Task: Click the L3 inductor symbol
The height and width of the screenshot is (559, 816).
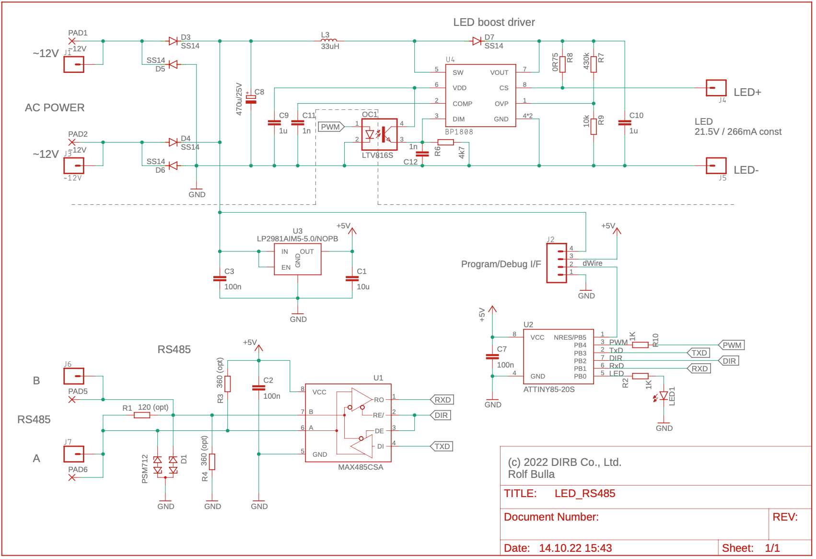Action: (329, 40)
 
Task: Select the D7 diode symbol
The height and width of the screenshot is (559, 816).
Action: (477, 41)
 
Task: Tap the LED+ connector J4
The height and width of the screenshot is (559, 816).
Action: (716, 88)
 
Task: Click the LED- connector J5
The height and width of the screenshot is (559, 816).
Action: (716, 166)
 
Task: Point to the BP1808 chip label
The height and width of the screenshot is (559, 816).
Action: (459, 132)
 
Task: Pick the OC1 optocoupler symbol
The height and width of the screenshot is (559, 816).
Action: (379, 134)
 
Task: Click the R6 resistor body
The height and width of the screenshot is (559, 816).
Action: (446, 142)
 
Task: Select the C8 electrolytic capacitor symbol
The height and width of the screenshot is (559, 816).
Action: (251, 99)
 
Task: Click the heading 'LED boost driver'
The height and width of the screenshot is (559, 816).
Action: (494, 22)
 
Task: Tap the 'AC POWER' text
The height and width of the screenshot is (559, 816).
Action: (55, 107)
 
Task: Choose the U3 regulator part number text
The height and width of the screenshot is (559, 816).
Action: (297, 238)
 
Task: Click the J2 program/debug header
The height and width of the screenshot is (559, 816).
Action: (557, 263)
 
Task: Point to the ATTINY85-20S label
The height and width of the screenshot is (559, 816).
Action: (548, 389)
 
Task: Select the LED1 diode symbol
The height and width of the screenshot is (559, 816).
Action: (664, 396)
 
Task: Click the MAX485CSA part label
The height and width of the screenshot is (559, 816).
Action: (361, 467)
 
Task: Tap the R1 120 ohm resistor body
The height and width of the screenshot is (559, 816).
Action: (142, 415)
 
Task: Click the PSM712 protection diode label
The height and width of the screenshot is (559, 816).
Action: (145, 469)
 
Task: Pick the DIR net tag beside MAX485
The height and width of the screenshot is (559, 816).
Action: (441, 415)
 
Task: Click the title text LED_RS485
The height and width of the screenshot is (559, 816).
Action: (584, 493)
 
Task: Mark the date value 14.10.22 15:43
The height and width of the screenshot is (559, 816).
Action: (575, 548)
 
